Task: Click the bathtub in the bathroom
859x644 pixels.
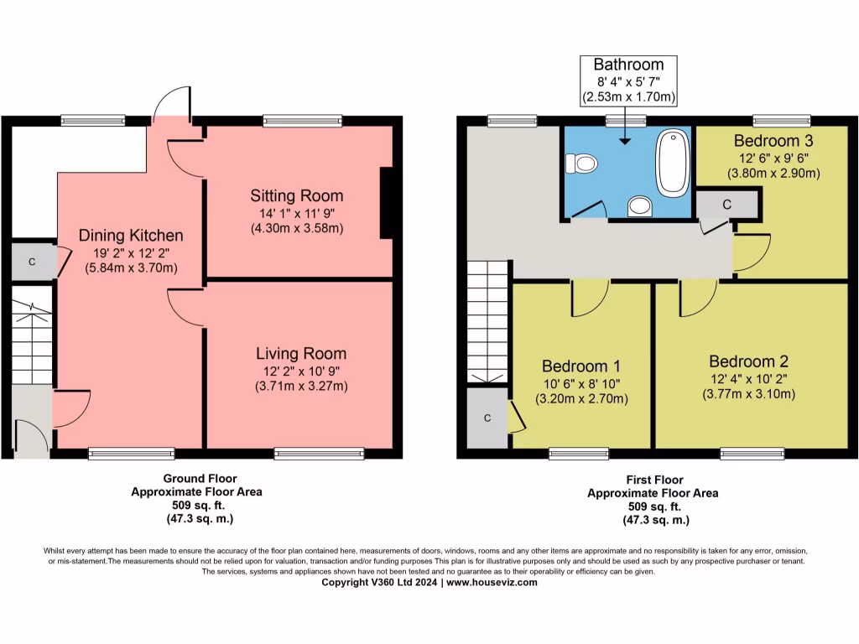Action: click(673, 164)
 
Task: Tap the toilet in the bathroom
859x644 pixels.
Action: click(582, 164)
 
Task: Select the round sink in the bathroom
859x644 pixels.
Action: click(640, 206)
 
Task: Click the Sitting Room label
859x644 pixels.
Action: click(297, 195)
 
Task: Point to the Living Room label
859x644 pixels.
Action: click(301, 353)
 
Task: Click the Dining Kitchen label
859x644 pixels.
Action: click(131, 236)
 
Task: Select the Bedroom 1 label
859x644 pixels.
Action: click(581, 366)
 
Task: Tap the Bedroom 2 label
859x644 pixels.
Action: click(749, 361)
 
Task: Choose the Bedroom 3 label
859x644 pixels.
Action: click(773, 141)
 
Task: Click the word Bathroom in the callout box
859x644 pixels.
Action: click(628, 65)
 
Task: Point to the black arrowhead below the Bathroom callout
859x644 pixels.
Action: click(625, 141)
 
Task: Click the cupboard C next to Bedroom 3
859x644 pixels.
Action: click(727, 205)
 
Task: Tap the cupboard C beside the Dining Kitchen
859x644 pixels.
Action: click(33, 262)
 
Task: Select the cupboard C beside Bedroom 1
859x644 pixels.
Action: click(487, 418)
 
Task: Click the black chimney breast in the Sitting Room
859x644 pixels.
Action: click(387, 203)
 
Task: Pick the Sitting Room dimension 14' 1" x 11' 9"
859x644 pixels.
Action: click(297, 214)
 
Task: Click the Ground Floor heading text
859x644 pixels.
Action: click(200, 479)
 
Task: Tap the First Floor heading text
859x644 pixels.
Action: click(654, 480)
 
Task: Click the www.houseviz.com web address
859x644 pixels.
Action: click(492, 582)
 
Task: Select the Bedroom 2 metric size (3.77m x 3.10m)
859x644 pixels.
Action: click(749, 394)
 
